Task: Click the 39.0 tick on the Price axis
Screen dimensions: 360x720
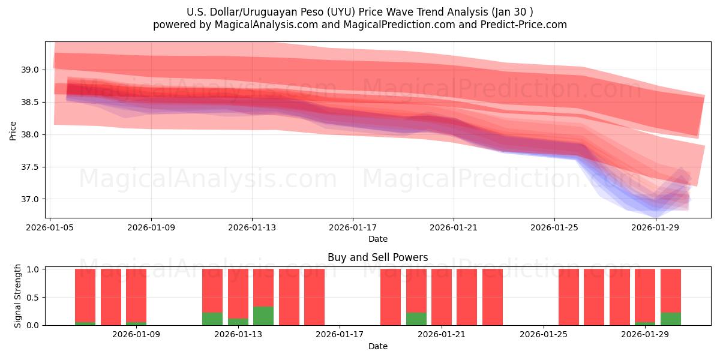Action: [x=31, y=70]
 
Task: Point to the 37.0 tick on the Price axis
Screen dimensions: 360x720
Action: [x=31, y=199]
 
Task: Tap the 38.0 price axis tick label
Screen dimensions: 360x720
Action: [x=31, y=134]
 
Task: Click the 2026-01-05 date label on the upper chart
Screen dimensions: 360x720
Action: [x=50, y=228]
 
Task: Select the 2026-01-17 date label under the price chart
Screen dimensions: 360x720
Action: [x=353, y=228]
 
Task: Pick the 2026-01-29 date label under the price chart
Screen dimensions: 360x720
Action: [x=655, y=228]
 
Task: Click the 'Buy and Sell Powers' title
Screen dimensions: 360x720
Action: [x=377, y=257]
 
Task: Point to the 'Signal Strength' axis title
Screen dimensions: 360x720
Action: [x=18, y=296]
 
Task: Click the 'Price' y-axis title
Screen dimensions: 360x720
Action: [x=13, y=130]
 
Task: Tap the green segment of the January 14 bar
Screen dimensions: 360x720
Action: [x=263, y=316]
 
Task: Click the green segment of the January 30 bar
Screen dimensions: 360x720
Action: [x=671, y=319]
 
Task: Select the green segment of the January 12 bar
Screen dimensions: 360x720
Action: [x=212, y=319]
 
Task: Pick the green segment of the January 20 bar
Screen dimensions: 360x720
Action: [x=416, y=319]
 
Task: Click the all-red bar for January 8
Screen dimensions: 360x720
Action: [x=111, y=297]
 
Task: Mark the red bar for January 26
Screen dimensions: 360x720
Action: [x=569, y=297]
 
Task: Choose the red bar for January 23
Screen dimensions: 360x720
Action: [x=493, y=297]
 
